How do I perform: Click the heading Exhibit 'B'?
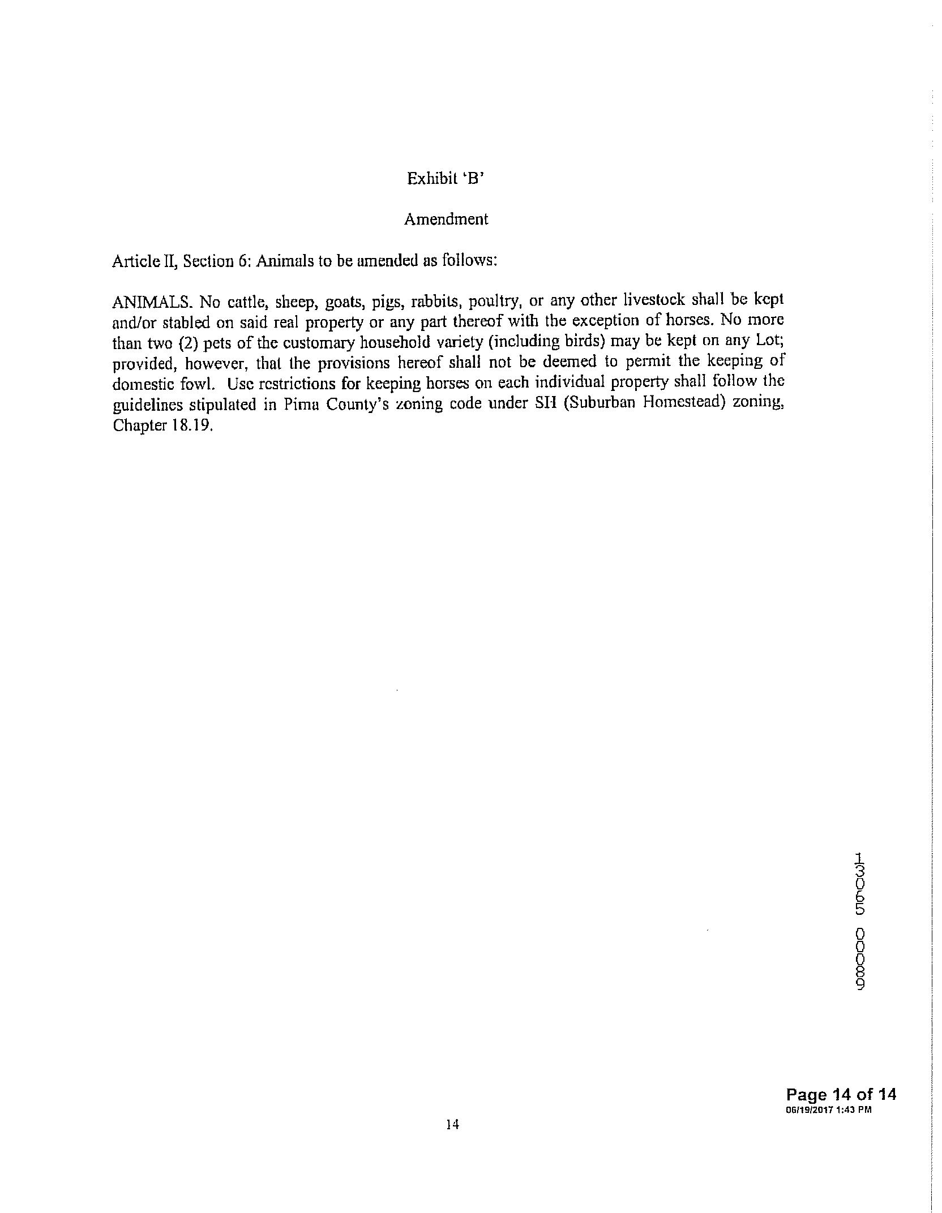coord(446,179)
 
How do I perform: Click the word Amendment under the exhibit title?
coord(446,220)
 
